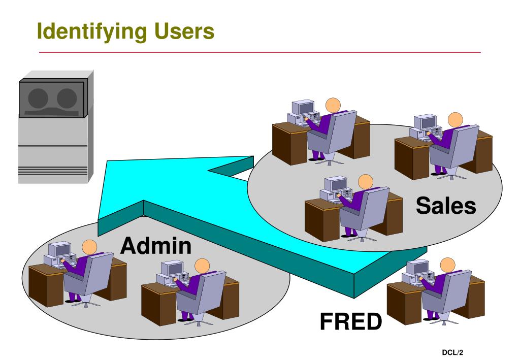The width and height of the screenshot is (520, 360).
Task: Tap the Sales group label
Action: (x=446, y=206)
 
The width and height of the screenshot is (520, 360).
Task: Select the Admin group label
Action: (x=155, y=247)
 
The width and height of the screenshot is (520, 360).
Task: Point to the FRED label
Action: (x=350, y=321)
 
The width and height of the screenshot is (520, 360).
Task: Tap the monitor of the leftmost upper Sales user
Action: (x=305, y=107)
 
